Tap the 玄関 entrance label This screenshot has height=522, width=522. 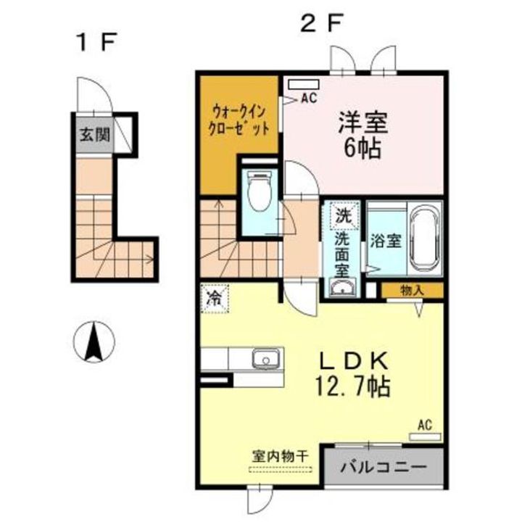tap(92, 135)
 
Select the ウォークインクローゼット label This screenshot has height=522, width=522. tap(241, 120)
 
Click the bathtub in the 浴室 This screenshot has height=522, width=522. tap(423, 239)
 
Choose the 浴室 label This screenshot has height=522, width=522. tap(386, 241)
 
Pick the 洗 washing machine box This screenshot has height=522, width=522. tap(342, 215)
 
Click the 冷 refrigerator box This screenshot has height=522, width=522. tap(215, 297)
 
